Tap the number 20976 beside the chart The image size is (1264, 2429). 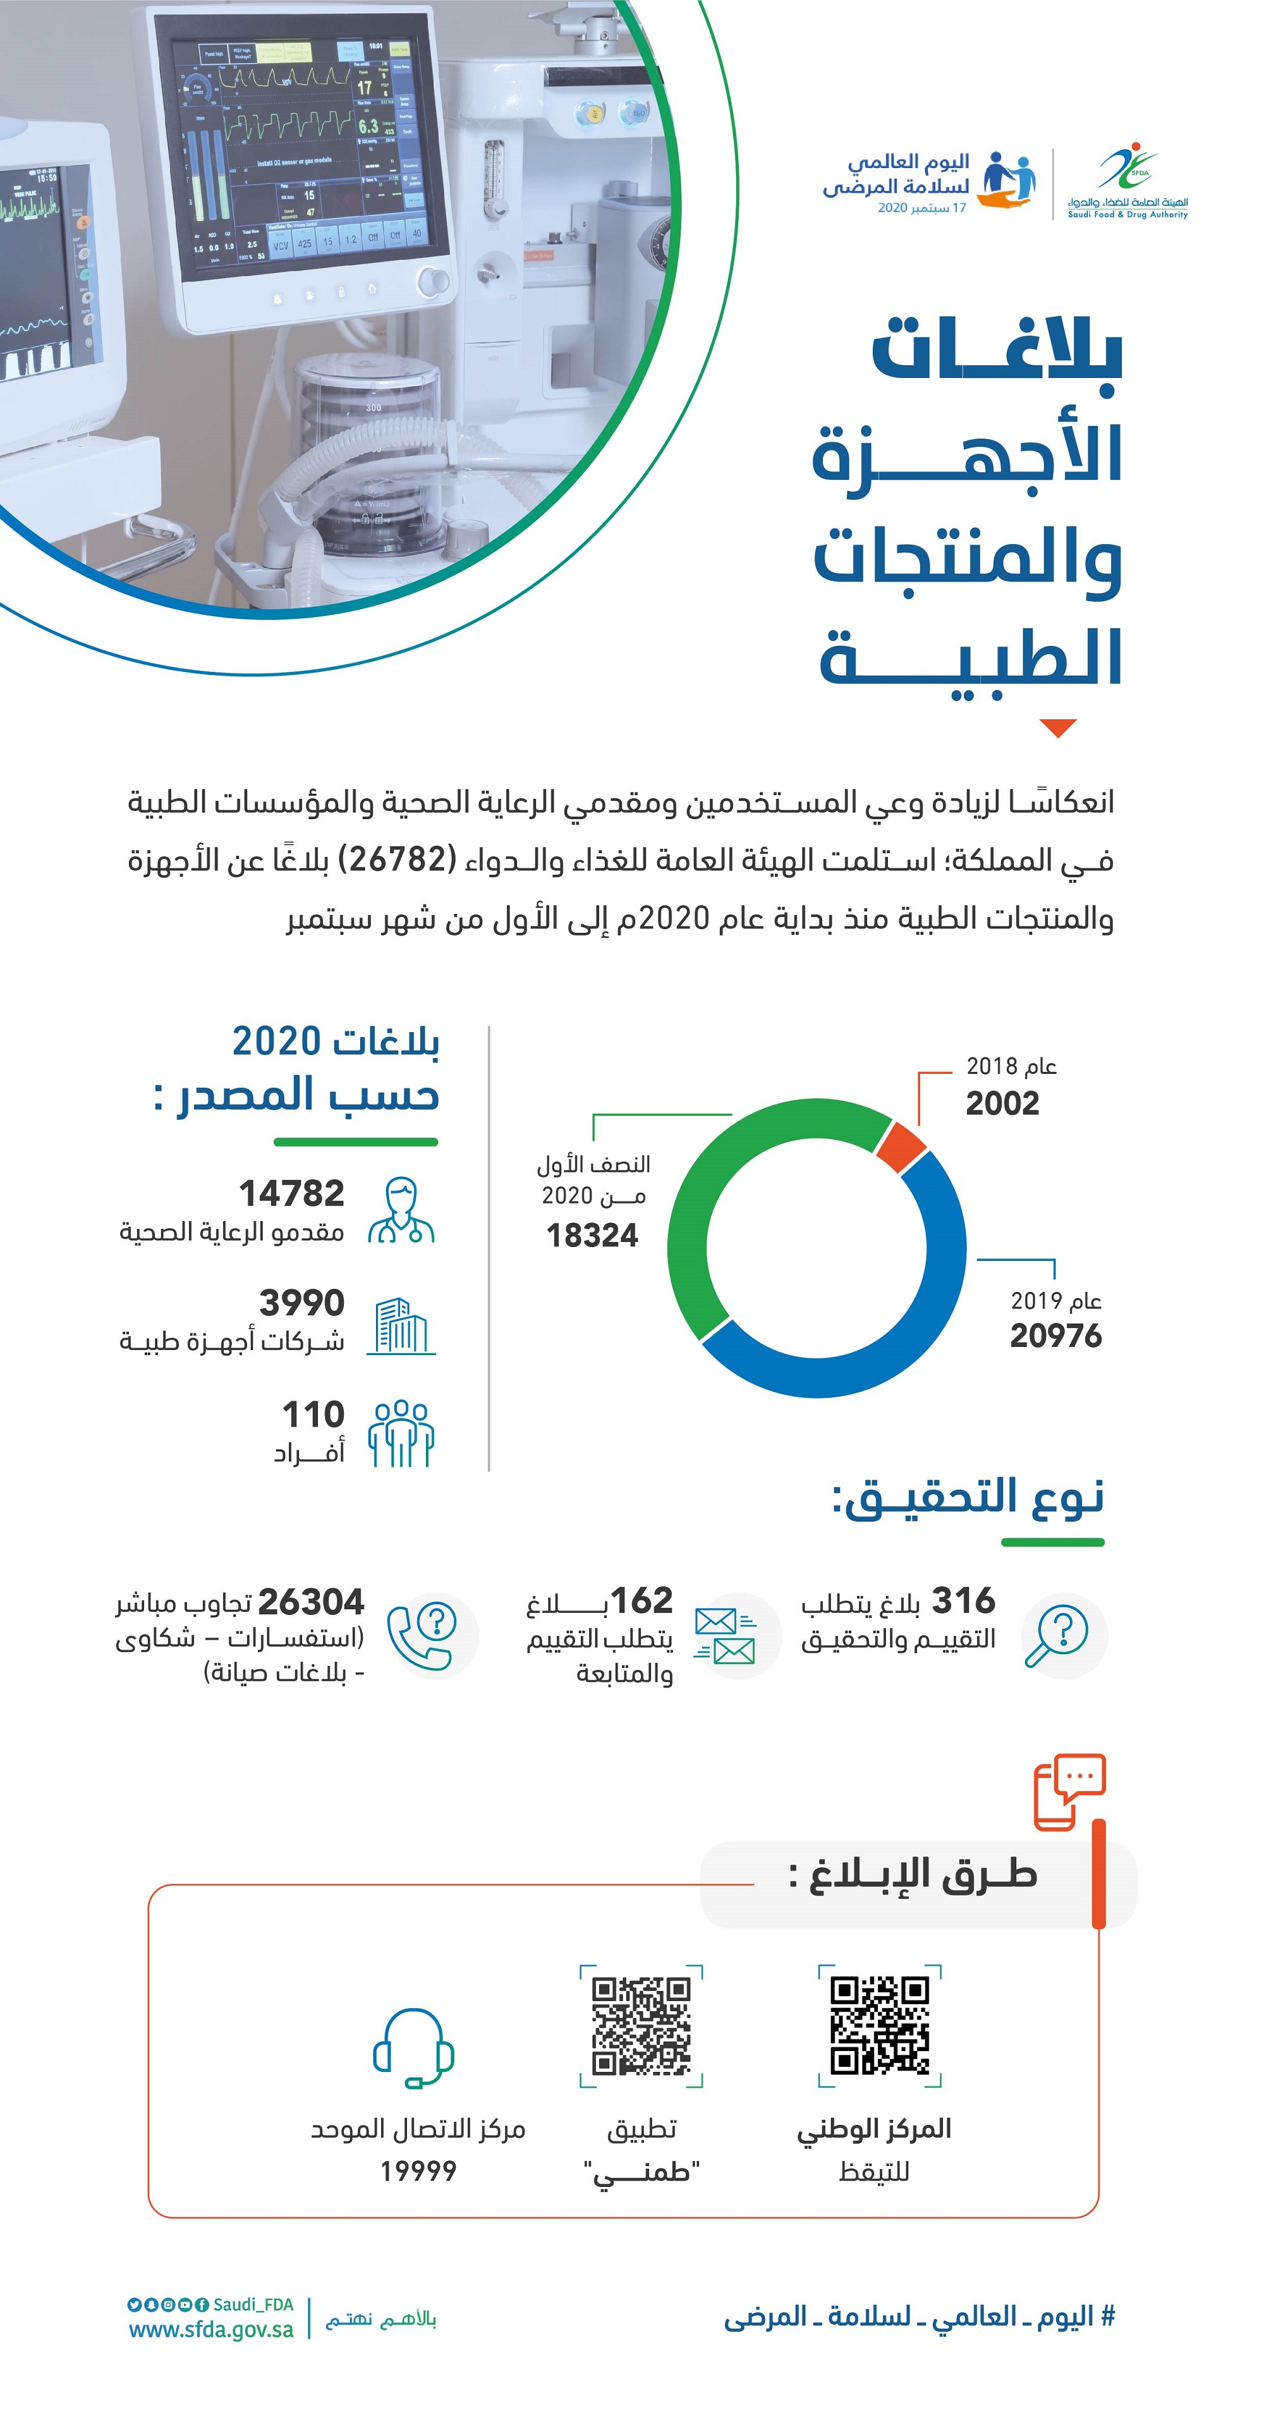pyautogui.click(x=1055, y=1336)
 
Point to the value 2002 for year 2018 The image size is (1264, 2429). pyautogui.click(x=1002, y=1103)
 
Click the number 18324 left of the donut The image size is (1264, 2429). pyautogui.click(x=592, y=1235)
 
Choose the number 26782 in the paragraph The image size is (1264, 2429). pyautogui.click(x=397, y=859)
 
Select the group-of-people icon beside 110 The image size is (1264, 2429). pyautogui.click(x=401, y=1434)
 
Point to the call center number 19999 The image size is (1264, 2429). pyautogui.click(x=418, y=2172)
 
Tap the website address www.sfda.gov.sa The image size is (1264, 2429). pyautogui.click(x=211, y=2329)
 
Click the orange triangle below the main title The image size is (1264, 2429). pyautogui.click(x=1059, y=727)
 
